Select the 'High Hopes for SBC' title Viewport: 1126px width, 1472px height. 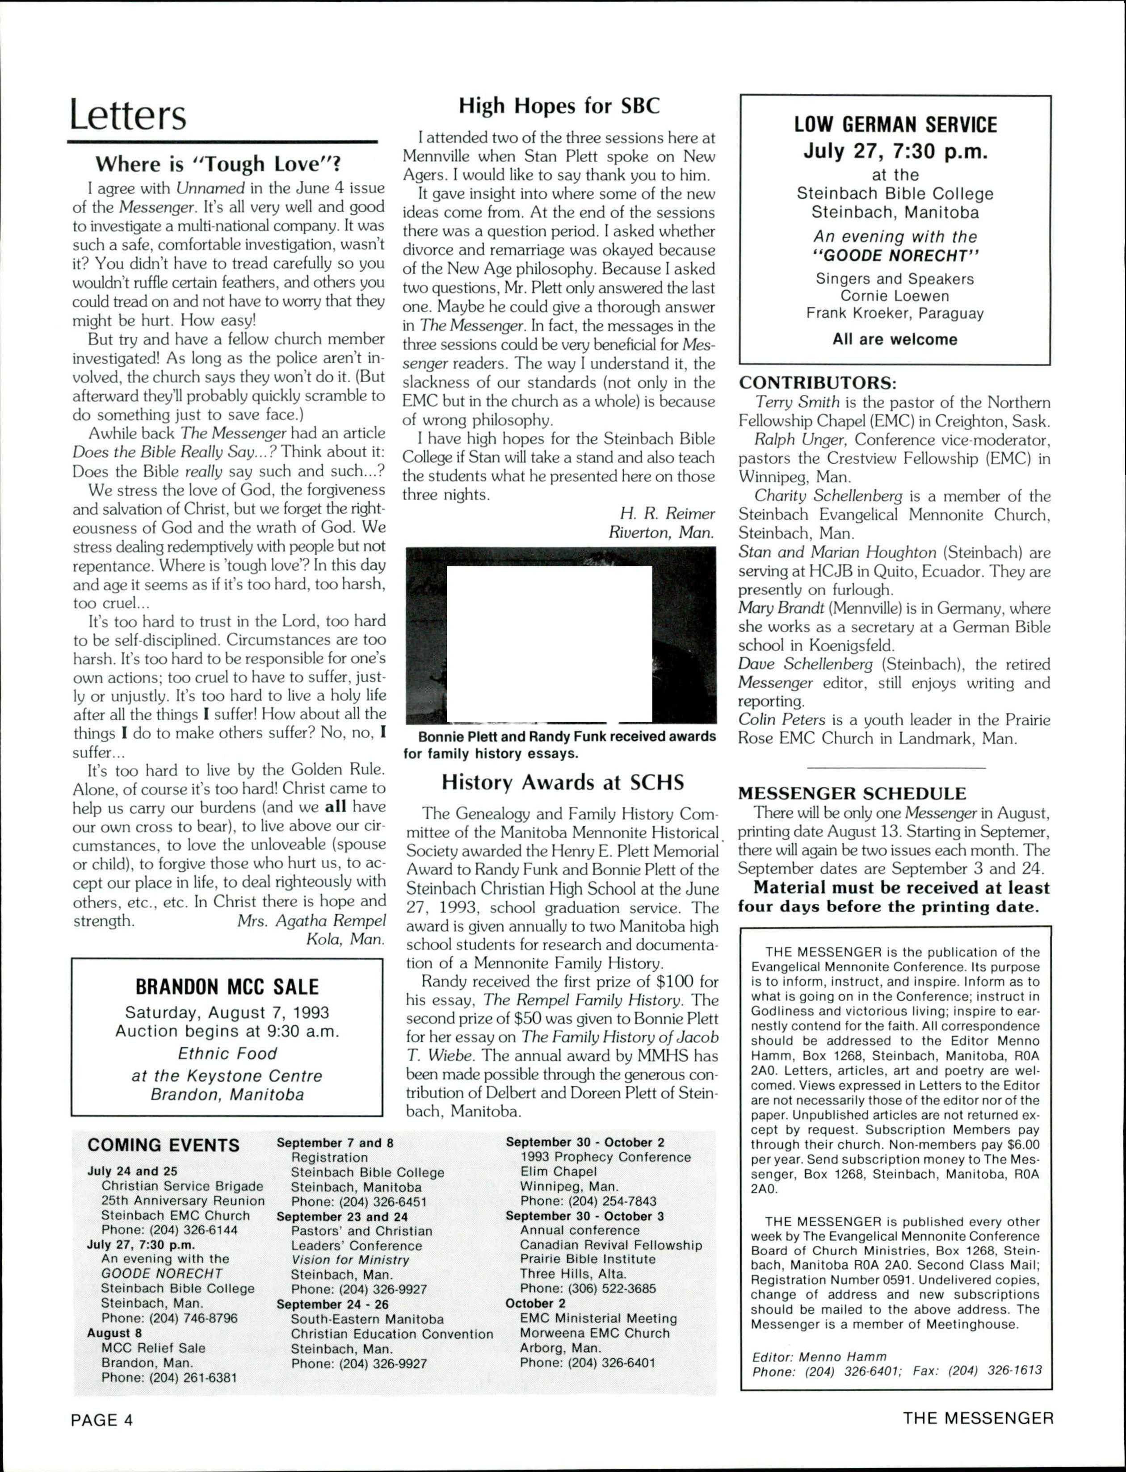559,106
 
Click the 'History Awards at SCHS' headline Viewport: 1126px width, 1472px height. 562,782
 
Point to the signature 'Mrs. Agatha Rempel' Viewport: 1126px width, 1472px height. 312,920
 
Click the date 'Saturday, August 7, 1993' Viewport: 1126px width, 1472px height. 227,1012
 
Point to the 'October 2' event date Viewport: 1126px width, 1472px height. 535,1303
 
